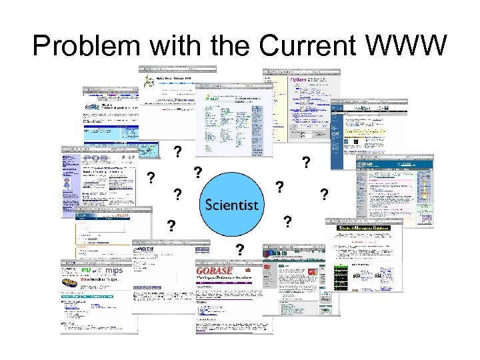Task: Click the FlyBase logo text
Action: tap(299, 81)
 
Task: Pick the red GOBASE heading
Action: tap(215, 271)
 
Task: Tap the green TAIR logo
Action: tap(211, 98)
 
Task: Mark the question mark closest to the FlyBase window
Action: tap(305, 162)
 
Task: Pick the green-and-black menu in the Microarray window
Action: tap(341, 273)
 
